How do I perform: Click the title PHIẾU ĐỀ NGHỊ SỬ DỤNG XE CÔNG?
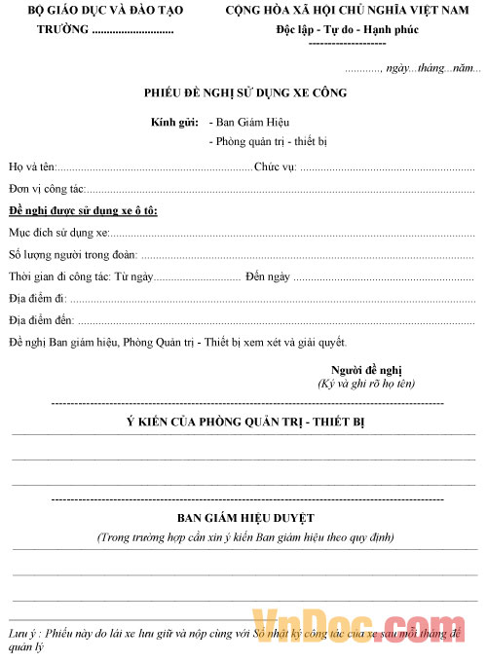tap(244, 93)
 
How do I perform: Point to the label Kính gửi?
tap(174, 123)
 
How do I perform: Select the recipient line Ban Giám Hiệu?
tap(248, 123)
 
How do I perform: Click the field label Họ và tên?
tap(32, 166)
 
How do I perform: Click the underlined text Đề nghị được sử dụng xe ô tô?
tap(83, 211)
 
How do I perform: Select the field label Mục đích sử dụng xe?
tap(58, 234)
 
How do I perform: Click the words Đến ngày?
tap(268, 276)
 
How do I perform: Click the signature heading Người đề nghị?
tap(366, 370)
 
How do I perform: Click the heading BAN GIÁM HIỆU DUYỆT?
tap(244, 518)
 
